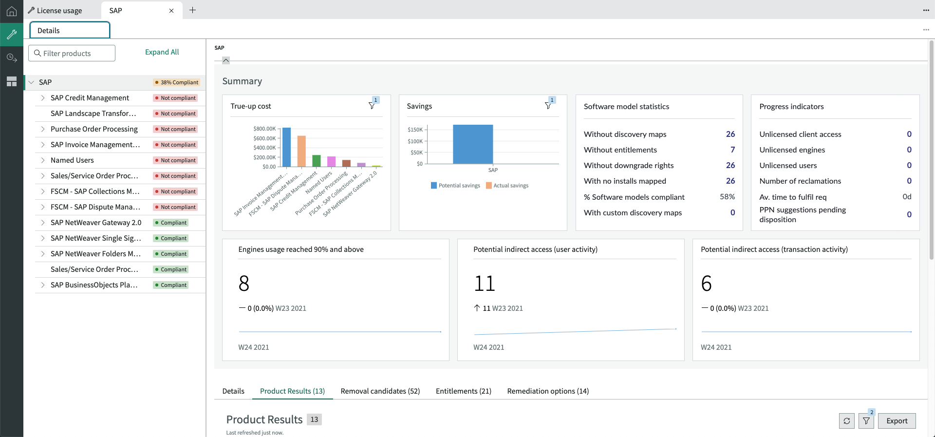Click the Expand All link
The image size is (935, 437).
pyautogui.click(x=162, y=52)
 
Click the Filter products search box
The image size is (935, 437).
pyautogui.click(x=72, y=53)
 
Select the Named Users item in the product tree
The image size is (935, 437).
pyautogui.click(x=72, y=160)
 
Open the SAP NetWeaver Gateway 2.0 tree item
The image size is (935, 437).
pyautogui.click(x=96, y=223)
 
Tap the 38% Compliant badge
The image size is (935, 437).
pyautogui.click(x=176, y=82)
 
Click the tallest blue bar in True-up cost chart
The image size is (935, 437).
pyautogui.click(x=287, y=147)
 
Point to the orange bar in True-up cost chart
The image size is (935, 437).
pyautogui.click(x=301, y=151)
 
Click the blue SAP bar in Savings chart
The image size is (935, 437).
pyautogui.click(x=473, y=144)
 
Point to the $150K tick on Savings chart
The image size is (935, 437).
pyautogui.click(x=415, y=130)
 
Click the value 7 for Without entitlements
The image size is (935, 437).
pyautogui.click(x=732, y=150)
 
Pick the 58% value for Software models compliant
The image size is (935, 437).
pyautogui.click(x=727, y=197)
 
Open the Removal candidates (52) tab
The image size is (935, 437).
pyautogui.click(x=380, y=391)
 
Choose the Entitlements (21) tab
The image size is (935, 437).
pyautogui.click(x=464, y=391)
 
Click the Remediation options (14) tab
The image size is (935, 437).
pyautogui.click(x=548, y=391)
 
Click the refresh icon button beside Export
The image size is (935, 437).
pyautogui.click(x=847, y=421)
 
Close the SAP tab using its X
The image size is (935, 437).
pyautogui.click(x=171, y=11)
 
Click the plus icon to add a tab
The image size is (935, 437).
pyautogui.click(x=193, y=10)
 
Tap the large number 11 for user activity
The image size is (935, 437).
pyautogui.click(x=485, y=284)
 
